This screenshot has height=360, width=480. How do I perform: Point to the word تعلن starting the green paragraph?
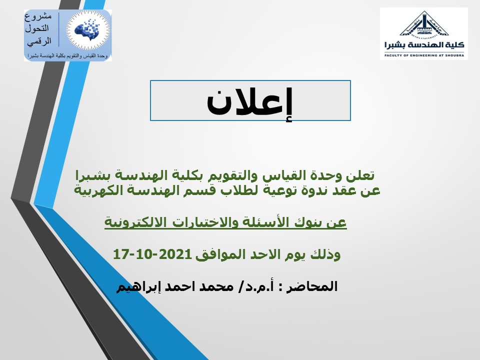[x=360, y=175]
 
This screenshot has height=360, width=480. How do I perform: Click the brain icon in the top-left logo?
[x=88, y=30]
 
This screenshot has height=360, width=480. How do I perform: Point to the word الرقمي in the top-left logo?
[x=39, y=41]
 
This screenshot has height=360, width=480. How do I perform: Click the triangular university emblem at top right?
[x=424, y=24]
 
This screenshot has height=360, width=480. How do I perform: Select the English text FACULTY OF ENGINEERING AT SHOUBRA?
[x=424, y=55]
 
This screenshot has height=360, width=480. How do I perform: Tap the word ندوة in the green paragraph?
[x=312, y=190]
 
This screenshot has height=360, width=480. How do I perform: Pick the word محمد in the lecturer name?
[x=217, y=287]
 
